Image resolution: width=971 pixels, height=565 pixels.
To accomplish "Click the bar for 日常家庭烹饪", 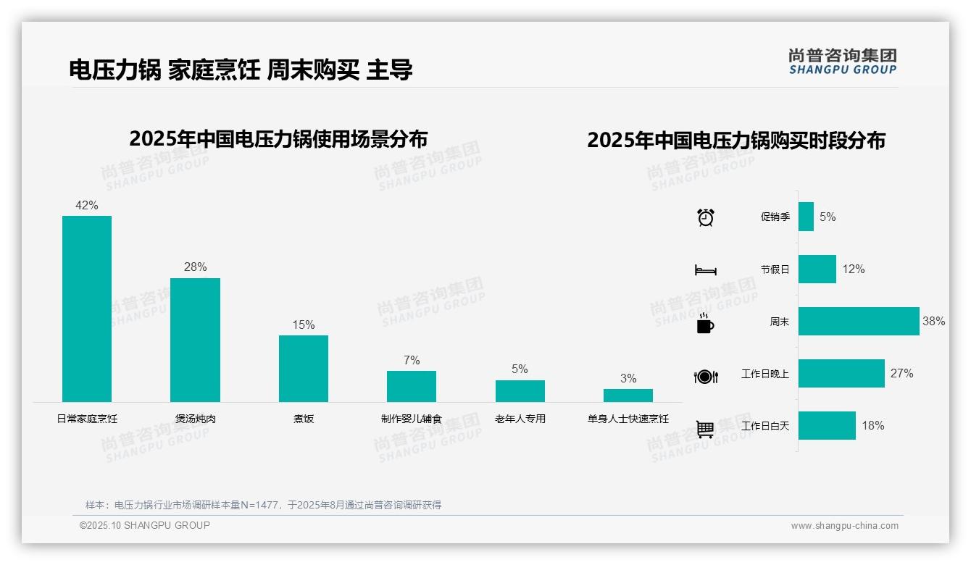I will pyautogui.click(x=87, y=309).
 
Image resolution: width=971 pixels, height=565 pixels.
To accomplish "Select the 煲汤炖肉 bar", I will pyautogui.click(x=195, y=340).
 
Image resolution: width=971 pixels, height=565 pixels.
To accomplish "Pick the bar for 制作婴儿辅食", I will pyautogui.click(x=412, y=386).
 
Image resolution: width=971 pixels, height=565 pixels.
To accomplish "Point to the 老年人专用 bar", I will pyautogui.click(x=520, y=391).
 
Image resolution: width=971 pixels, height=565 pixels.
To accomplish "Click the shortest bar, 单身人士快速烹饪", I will pyautogui.click(x=628, y=395).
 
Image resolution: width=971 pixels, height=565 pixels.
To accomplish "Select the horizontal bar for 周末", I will pyautogui.click(x=859, y=321).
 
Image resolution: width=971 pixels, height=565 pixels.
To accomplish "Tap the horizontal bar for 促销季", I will pyautogui.click(x=806, y=217).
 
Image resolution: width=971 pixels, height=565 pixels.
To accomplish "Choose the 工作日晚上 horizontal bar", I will pyautogui.click(x=841, y=374).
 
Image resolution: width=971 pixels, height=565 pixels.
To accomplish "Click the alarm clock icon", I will pyautogui.click(x=706, y=217).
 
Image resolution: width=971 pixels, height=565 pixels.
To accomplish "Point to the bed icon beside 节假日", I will pyautogui.click(x=706, y=270).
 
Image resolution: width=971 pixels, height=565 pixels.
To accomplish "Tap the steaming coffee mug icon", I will pyautogui.click(x=705, y=323).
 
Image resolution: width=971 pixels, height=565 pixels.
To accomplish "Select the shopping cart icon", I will pyautogui.click(x=705, y=429).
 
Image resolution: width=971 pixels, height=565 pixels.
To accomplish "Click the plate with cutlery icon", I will pyautogui.click(x=706, y=377).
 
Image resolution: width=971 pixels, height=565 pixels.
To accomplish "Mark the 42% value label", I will pyautogui.click(x=87, y=206).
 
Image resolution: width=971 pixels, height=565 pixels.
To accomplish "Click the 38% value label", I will pyautogui.click(x=933, y=321).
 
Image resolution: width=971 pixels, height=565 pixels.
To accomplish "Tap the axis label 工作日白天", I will pyautogui.click(x=765, y=426).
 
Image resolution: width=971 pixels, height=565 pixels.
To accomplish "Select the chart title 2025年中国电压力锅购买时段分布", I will pyautogui.click(x=736, y=141).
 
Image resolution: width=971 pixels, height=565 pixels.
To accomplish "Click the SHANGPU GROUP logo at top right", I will pyautogui.click(x=842, y=62).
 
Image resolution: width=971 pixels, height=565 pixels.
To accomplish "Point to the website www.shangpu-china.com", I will pyautogui.click(x=844, y=526).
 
